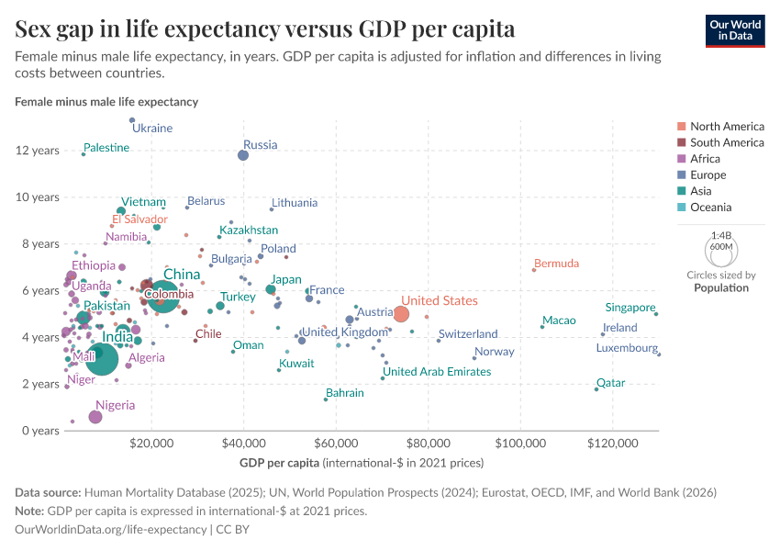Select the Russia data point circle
pyautogui.click(x=243, y=155)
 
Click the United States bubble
pyautogui.click(x=401, y=314)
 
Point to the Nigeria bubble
pyautogui.click(x=95, y=417)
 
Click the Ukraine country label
pyautogui.click(x=152, y=128)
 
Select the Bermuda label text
pyautogui.click(x=556, y=264)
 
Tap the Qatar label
pyautogui.click(x=610, y=382)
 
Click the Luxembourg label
pyautogui.click(x=627, y=348)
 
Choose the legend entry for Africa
pyautogui.click(x=707, y=159)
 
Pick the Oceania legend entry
pyautogui.click(x=710, y=208)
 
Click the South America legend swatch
pyautogui.click(x=680, y=142)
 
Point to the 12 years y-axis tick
pyautogui.click(x=38, y=151)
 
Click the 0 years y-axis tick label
pyautogui.click(x=41, y=431)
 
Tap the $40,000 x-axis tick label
pyautogui.click(x=244, y=444)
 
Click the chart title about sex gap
pyautogui.click(x=264, y=28)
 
